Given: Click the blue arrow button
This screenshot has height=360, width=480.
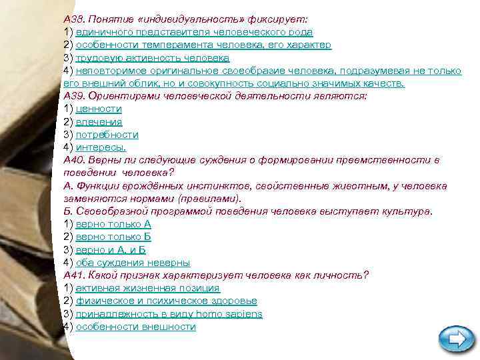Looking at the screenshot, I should [457, 340].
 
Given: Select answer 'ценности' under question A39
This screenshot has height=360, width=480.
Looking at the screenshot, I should [99, 109].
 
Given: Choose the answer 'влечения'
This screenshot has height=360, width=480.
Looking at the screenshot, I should [99, 122].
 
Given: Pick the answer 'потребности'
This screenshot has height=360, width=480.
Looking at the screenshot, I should [107, 135].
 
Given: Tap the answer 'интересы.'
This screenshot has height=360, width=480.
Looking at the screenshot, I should [101, 147].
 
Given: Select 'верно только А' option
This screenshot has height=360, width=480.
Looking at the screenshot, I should [113, 224].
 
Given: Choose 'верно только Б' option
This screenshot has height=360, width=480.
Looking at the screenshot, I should [113, 237].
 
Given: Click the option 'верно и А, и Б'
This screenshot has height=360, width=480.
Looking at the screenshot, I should [111, 249].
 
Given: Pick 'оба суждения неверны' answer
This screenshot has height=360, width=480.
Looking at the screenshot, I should [133, 263].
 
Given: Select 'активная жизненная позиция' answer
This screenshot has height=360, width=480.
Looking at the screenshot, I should [147, 288].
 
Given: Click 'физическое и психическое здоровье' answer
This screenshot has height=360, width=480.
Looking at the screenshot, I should [166, 301].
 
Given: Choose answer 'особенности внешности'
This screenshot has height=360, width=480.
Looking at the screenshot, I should [135, 327].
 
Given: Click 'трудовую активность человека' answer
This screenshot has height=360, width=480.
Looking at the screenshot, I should [152, 58].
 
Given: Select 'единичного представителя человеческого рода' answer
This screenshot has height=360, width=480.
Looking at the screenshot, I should [194, 32].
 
